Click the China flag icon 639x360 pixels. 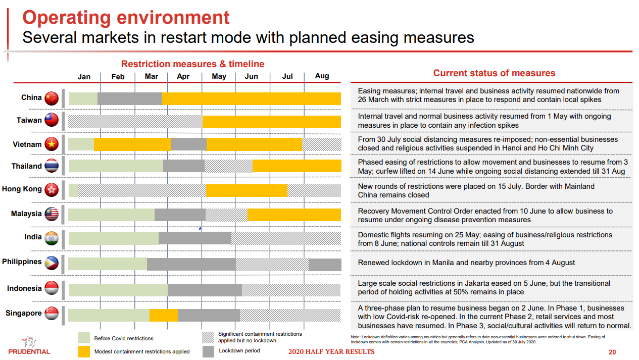coord(52,98)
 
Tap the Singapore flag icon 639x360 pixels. coord(52,314)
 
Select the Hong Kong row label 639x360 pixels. coord(22,189)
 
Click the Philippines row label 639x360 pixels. coord(22,262)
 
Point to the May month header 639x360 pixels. coord(219,76)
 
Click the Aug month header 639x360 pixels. coord(322,76)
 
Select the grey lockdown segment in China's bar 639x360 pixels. coord(130,98)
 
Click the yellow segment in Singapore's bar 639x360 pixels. coord(163,315)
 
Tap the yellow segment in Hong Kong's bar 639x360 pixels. coord(247,190)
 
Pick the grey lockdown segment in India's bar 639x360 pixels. coord(194,238)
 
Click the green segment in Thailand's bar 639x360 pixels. coord(116,166)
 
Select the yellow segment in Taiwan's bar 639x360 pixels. coord(272,122)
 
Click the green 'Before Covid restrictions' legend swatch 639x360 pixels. coord(84,338)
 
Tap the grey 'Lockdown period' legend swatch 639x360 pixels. coord(208,351)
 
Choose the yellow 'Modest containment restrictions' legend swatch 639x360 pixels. coord(84,351)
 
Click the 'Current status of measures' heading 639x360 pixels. coord(494,73)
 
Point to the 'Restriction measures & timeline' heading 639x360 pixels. coord(192,64)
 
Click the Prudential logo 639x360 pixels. coord(29,345)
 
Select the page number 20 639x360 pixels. coord(612,352)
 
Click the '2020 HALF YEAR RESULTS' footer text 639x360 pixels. coord(331,351)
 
